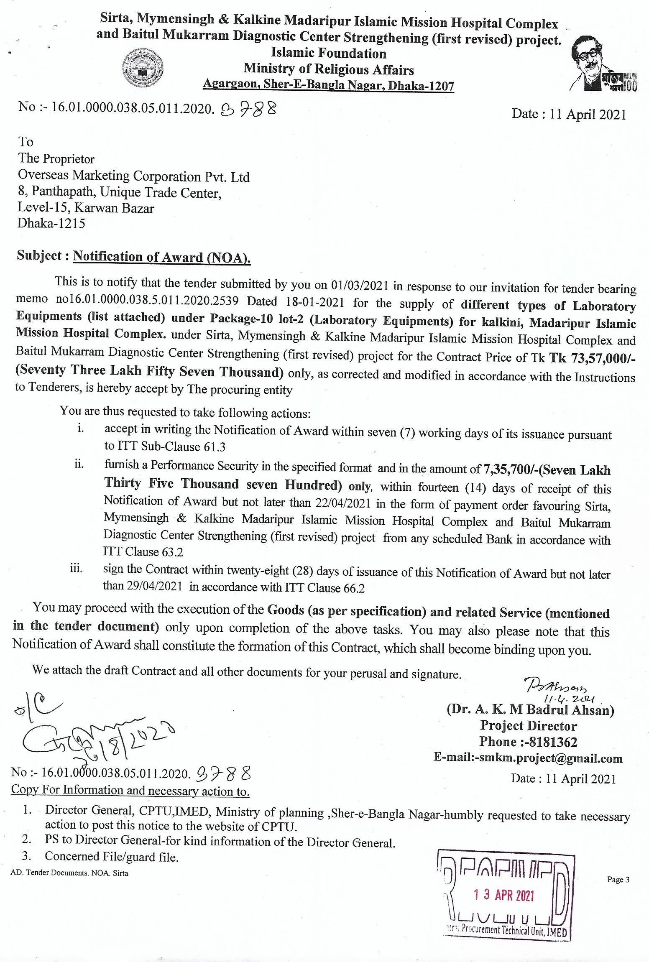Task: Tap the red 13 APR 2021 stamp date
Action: pos(503,896)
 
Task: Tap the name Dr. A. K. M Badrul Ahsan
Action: pos(530,709)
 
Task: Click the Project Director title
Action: pos(529,726)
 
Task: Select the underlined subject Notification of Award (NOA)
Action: pos(161,257)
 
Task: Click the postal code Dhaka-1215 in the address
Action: pos(51,223)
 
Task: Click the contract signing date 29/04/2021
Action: pos(142,586)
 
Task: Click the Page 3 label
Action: pos(618,880)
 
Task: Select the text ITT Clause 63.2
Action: pos(143,552)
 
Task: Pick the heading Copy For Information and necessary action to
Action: pos(130,790)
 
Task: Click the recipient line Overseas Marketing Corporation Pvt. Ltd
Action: pos(133,176)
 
